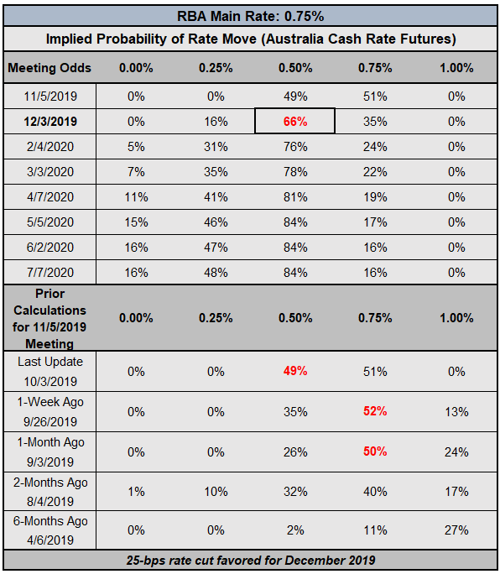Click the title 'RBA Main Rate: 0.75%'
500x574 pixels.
250,17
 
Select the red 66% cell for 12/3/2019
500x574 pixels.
295,121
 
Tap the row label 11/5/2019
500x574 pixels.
50,97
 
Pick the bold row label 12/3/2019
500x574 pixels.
50,121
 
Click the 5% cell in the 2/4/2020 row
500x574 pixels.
136,146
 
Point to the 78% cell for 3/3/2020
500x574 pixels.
295,172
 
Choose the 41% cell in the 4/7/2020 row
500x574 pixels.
216,197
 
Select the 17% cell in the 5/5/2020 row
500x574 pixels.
375,222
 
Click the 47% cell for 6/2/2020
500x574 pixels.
216,247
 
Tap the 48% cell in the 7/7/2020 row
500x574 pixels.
216,273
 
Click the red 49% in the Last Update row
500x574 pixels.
295,371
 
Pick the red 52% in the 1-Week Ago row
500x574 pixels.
375,411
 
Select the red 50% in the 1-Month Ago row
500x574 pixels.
375,451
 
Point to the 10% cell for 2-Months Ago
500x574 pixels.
216,491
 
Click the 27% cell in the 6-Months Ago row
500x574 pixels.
456,530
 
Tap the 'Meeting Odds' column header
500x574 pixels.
49,68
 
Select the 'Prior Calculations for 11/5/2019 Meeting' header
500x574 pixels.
49,319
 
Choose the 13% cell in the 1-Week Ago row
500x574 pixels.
456,412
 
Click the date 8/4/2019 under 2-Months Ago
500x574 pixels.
50,502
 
